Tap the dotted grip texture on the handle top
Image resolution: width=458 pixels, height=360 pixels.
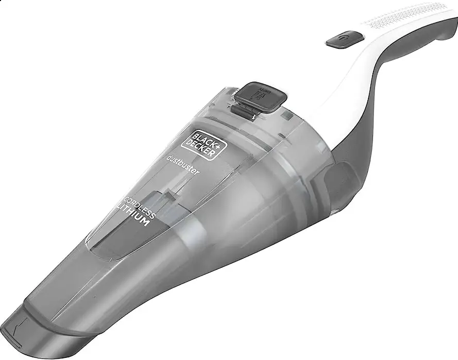[x=407, y=21]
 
